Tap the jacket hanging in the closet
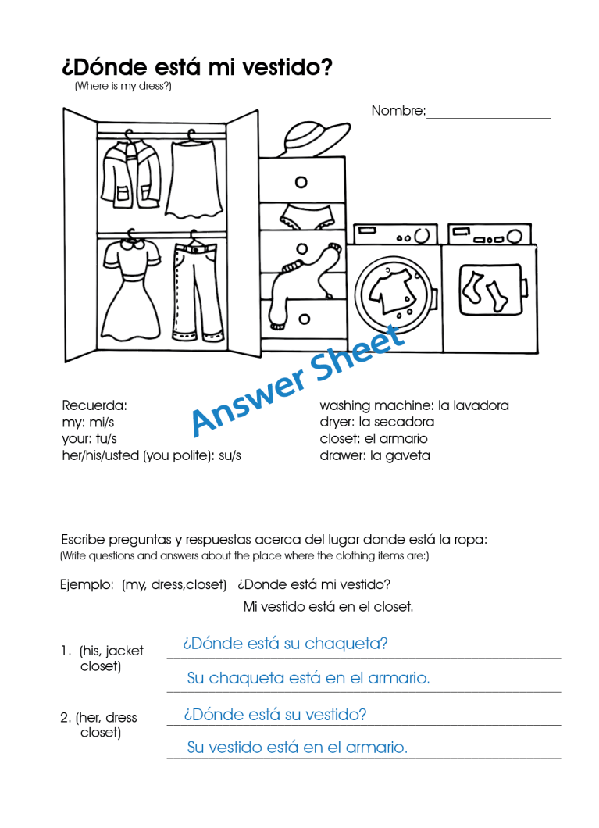click(x=131, y=176)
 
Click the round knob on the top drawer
click(x=301, y=183)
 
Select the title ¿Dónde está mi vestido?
click(x=197, y=67)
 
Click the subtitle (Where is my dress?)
click(x=123, y=87)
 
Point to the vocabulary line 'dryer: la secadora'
click(x=376, y=422)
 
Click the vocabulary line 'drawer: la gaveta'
click(x=374, y=455)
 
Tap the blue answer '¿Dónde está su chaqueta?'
click(x=285, y=644)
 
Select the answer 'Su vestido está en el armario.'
click(x=297, y=748)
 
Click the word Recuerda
click(x=94, y=405)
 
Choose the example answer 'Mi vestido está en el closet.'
click(x=328, y=607)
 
